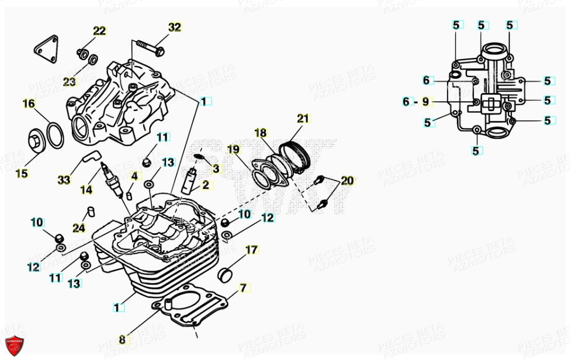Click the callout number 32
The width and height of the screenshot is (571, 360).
click(x=175, y=27)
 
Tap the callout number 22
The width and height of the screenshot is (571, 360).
click(x=100, y=31)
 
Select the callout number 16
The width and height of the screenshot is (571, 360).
click(x=29, y=104)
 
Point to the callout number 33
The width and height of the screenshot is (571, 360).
click(x=63, y=180)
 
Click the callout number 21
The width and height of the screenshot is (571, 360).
click(x=302, y=118)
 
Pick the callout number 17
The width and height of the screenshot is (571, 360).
click(x=251, y=250)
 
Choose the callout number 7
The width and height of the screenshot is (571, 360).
click(x=243, y=288)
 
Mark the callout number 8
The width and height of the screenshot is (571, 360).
click(x=122, y=339)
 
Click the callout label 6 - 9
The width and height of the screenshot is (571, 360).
click(x=416, y=102)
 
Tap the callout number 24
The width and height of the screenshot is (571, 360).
click(x=79, y=228)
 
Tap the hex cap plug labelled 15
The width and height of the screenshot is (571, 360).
click(x=37, y=142)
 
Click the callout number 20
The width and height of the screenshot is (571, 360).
click(x=347, y=181)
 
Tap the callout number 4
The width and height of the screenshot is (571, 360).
click(x=134, y=175)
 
